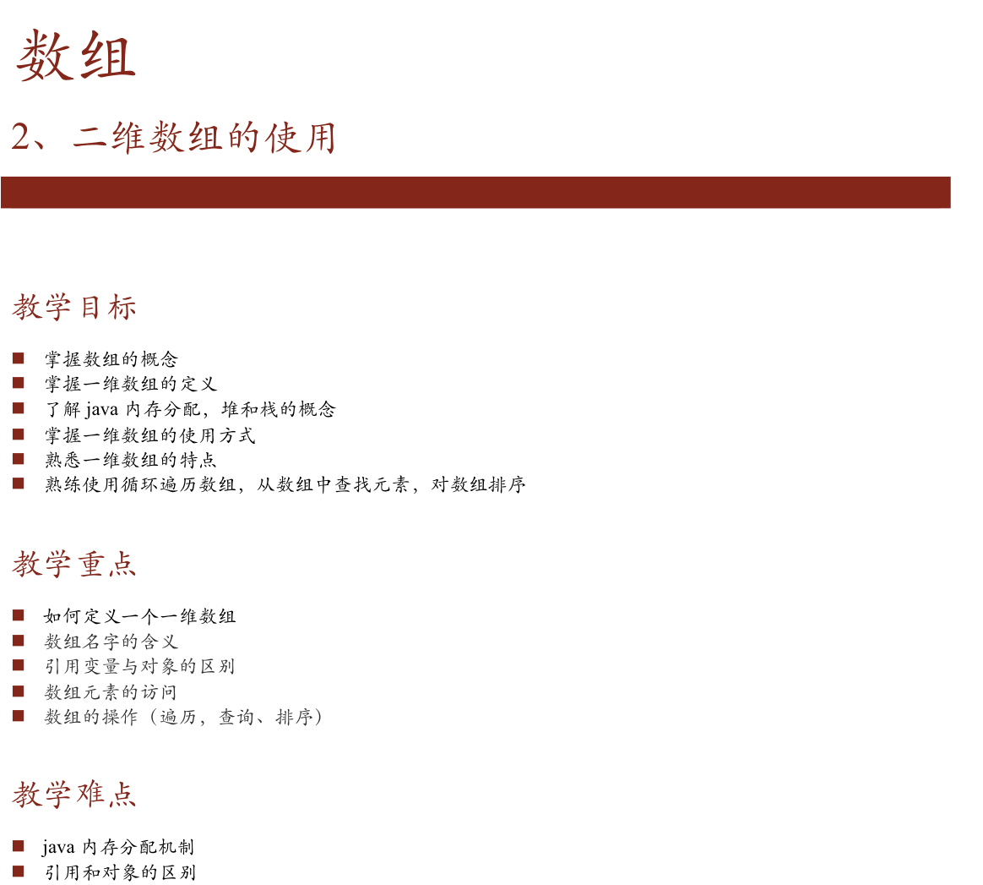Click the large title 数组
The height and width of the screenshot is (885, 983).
coord(76,57)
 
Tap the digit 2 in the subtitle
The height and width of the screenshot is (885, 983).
coord(21,137)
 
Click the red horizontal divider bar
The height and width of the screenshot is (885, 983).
coord(475,192)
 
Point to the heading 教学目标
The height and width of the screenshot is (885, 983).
coord(74,308)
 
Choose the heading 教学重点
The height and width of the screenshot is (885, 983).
coord(74,564)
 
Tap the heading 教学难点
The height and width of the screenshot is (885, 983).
coord(74,795)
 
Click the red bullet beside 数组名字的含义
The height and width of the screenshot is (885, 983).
coord(18,641)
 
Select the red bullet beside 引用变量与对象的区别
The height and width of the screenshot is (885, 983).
coord(18,665)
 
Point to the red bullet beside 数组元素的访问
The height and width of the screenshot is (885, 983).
coord(18,691)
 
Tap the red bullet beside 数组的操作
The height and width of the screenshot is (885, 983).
coord(18,716)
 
